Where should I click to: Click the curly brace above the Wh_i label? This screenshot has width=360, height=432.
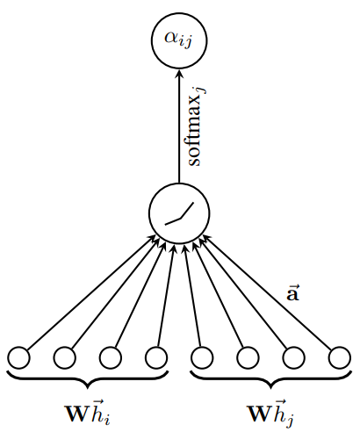87,378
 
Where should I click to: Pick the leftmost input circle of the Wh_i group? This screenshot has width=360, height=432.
18,357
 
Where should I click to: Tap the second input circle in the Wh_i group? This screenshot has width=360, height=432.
64,357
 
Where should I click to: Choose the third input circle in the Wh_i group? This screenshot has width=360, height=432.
110,357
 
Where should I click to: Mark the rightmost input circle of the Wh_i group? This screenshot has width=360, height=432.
155,357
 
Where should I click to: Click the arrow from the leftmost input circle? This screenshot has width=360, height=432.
88,294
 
